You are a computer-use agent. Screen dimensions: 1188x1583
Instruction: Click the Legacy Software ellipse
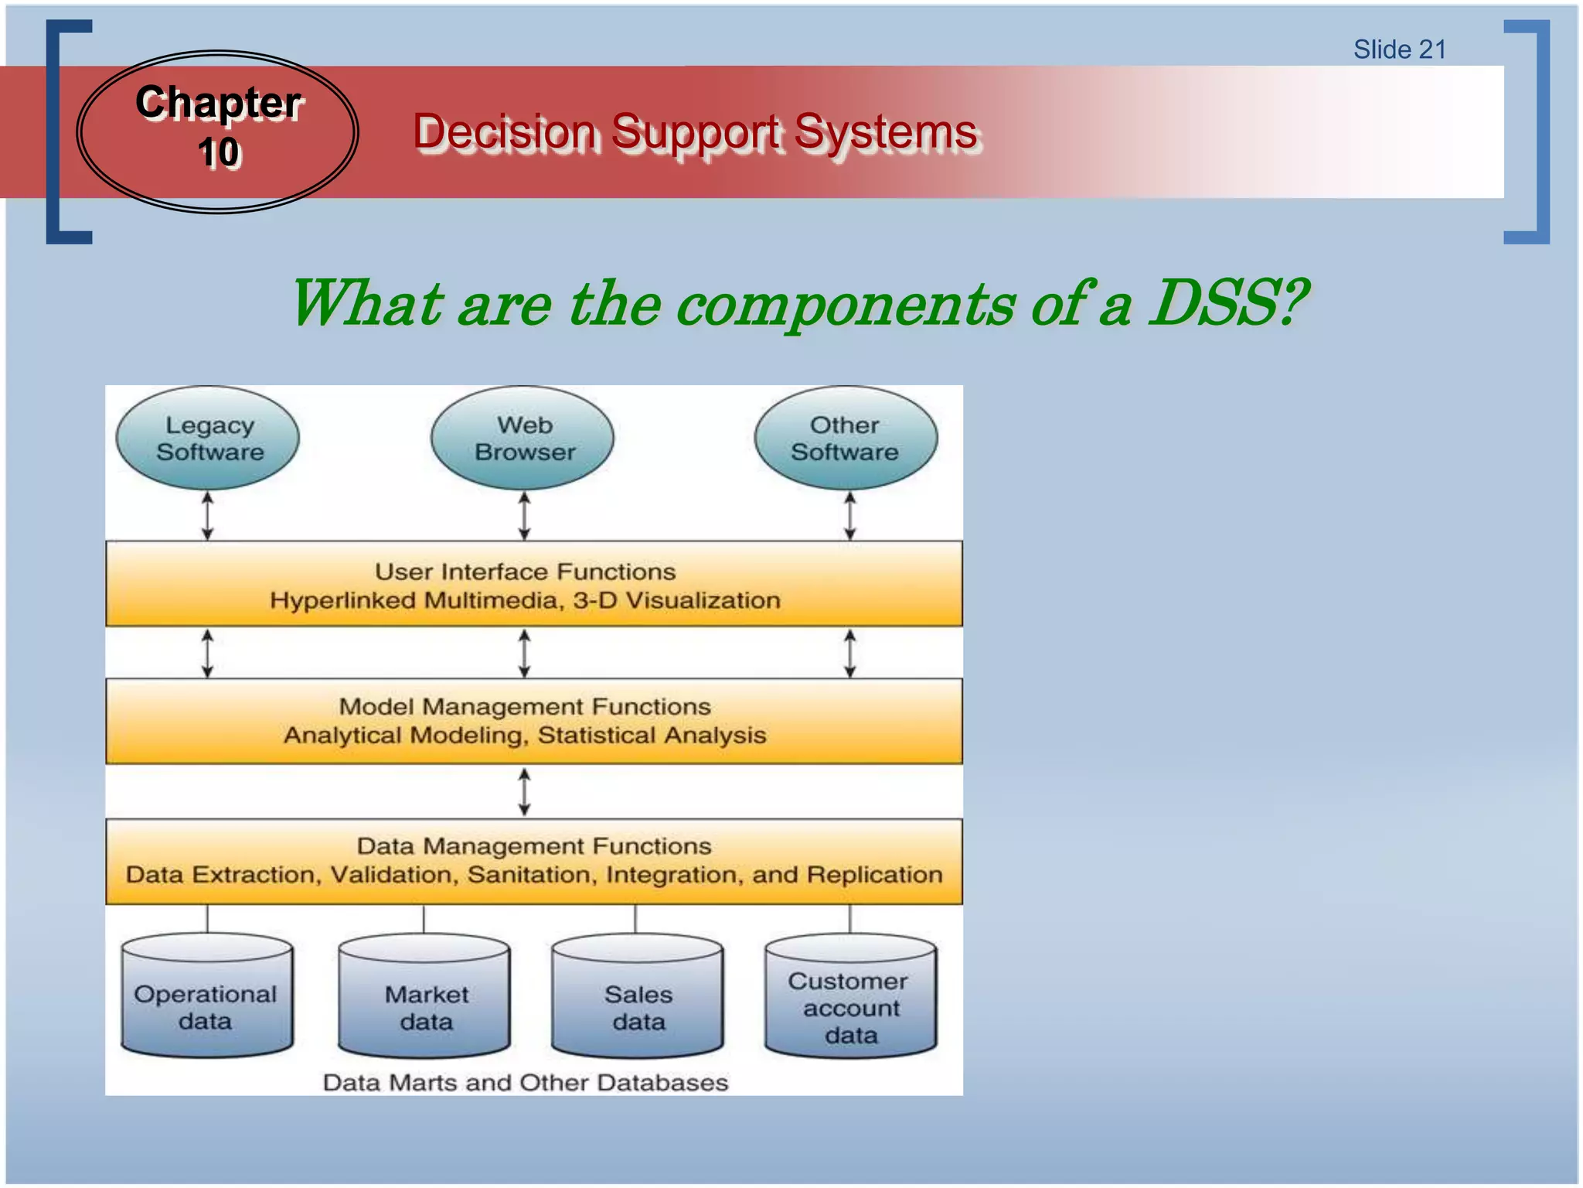(207, 438)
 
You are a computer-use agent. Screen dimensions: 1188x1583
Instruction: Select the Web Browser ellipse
(523, 438)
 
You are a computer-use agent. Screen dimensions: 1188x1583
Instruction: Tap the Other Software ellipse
(846, 438)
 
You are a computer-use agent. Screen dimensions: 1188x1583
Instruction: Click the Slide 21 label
(1399, 49)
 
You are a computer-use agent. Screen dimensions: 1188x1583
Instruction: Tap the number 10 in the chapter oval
(219, 152)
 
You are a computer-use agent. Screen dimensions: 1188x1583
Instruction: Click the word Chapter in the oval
(219, 102)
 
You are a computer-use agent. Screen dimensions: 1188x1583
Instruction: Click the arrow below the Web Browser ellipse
(524, 516)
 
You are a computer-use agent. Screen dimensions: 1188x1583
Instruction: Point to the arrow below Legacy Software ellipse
(207, 516)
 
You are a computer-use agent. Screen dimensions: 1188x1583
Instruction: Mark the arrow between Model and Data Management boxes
(524, 791)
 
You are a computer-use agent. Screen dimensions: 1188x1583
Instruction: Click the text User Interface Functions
(525, 572)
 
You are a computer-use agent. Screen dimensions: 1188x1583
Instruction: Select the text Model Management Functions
(525, 706)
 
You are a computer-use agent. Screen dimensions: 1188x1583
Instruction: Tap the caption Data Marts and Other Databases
(525, 1082)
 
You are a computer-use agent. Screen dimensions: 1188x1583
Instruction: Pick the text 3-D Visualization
(676, 600)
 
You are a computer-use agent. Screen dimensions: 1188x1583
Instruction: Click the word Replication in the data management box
(874, 874)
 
